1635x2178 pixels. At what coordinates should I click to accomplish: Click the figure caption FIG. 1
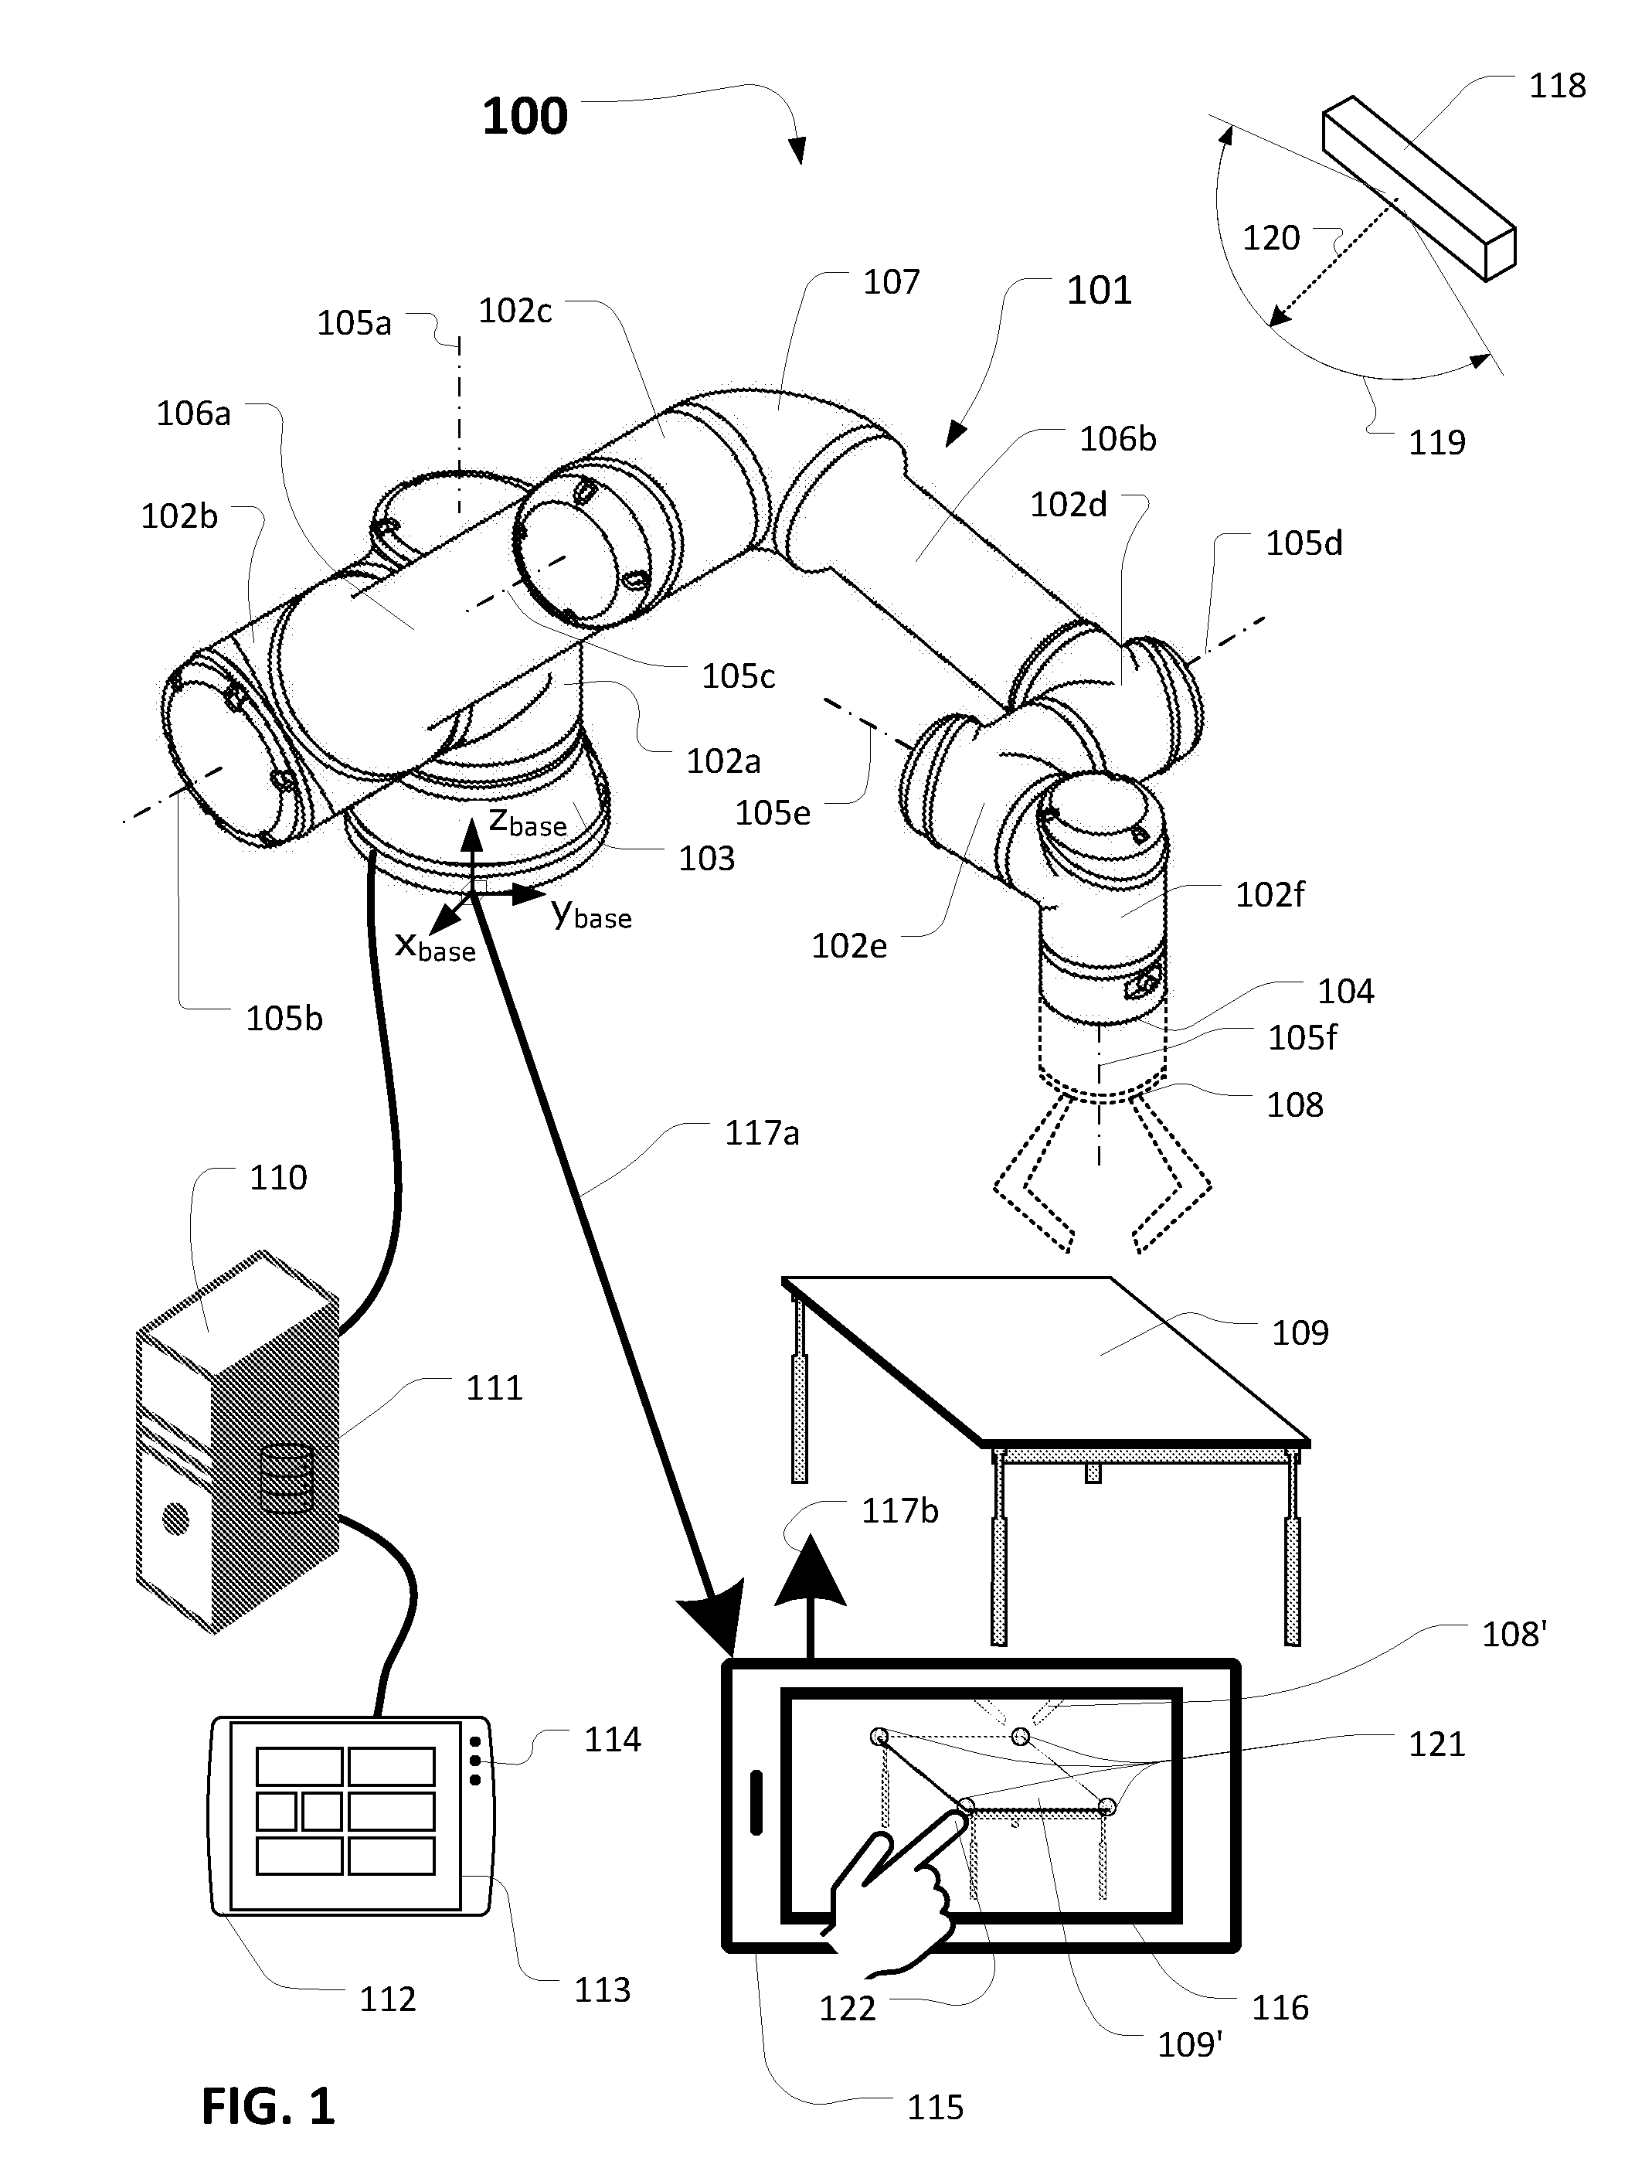point(268,2106)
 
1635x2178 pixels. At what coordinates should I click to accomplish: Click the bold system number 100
point(525,116)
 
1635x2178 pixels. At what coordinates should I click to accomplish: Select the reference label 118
point(1556,86)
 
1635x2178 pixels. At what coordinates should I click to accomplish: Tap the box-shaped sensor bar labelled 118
point(1419,187)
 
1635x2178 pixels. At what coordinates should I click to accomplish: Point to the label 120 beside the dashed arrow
point(1271,237)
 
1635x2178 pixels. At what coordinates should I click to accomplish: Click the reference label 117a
point(762,1133)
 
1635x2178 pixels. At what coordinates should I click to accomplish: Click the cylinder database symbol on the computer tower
point(287,1478)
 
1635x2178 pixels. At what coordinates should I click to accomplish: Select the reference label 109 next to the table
point(1300,1332)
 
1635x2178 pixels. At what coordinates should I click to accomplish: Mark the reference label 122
point(847,2008)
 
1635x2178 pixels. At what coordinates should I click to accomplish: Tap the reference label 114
point(612,1740)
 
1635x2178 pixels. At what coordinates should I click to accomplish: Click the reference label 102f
point(1270,894)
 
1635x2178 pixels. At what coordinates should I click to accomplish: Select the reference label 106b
point(1117,438)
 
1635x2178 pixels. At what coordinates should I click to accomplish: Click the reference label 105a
point(353,323)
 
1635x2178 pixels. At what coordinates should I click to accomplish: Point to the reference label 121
point(1436,1744)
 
